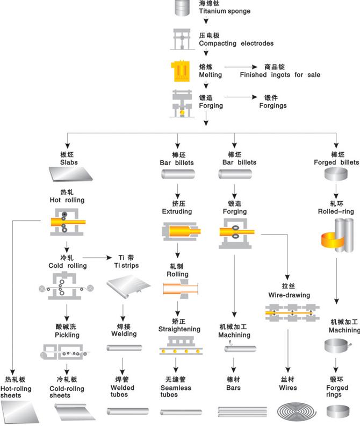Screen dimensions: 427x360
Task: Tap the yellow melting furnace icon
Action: click(x=181, y=71)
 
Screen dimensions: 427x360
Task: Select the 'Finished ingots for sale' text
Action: click(x=280, y=75)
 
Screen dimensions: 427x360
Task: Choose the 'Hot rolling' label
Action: click(x=67, y=200)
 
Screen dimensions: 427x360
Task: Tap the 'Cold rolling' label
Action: click(x=67, y=266)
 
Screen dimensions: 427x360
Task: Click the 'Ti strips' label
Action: click(x=126, y=266)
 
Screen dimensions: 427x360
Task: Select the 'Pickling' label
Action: click(x=67, y=335)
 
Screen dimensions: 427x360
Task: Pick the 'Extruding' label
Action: click(x=177, y=211)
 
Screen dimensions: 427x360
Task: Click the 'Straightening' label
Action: click(x=179, y=329)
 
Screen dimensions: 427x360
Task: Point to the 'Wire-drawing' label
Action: click(x=289, y=295)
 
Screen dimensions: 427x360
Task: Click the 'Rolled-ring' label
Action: click(x=336, y=211)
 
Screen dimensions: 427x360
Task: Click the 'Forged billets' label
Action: click(x=336, y=162)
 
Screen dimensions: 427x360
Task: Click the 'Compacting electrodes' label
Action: click(x=236, y=43)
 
